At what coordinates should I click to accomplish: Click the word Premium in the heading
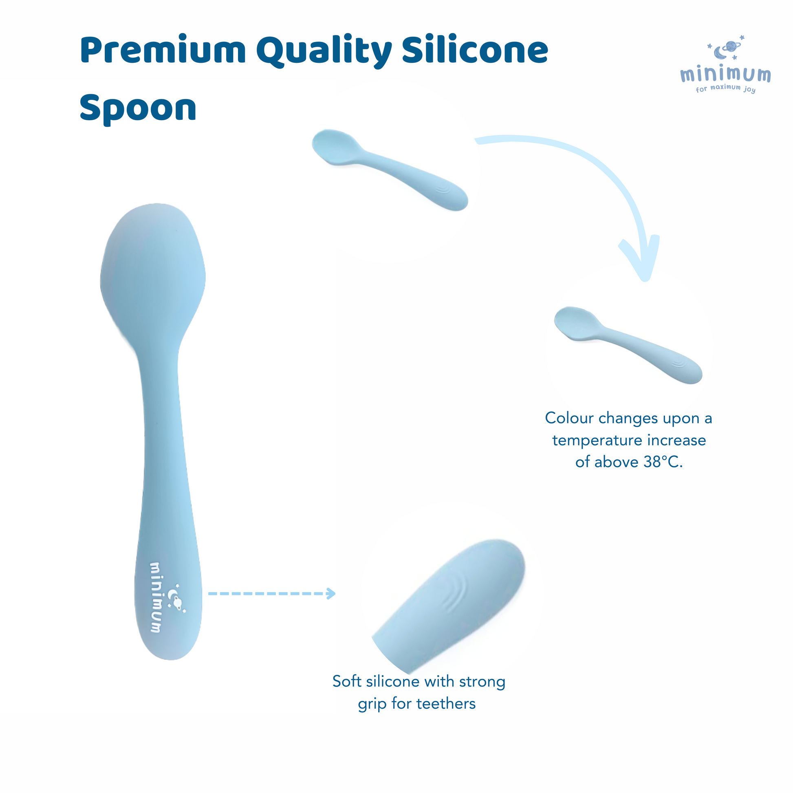(163, 51)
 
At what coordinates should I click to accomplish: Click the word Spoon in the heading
(138, 108)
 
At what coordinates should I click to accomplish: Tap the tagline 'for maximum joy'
(726, 88)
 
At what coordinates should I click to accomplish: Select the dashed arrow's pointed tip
(335, 593)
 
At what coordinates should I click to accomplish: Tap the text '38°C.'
(663, 462)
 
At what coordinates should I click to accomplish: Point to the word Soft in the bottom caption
(347, 681)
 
